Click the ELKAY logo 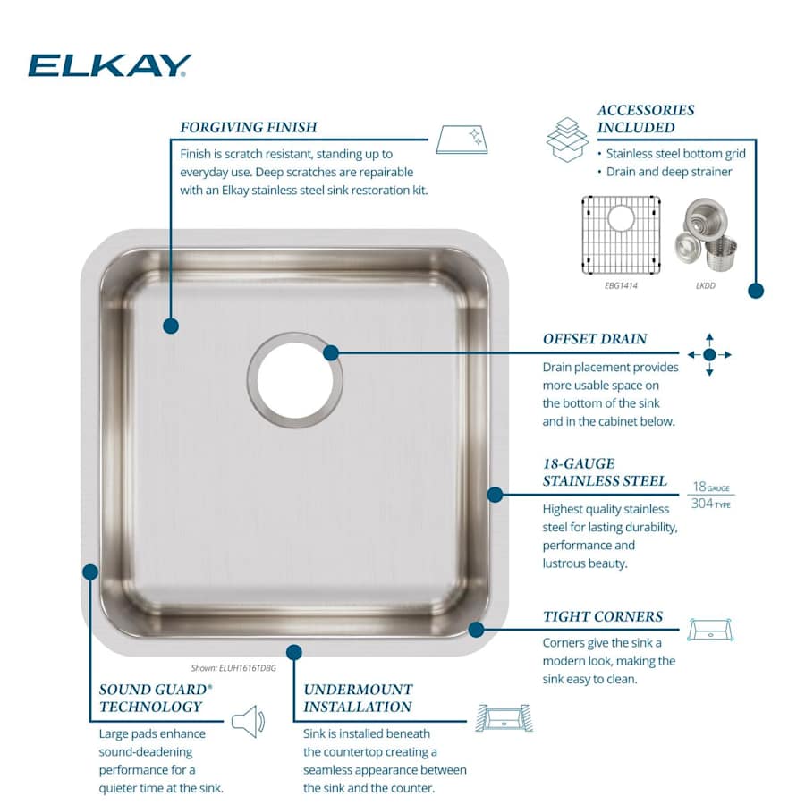110,65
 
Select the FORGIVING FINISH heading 249,128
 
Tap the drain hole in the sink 295,378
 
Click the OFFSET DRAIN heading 595,340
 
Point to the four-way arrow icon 709,354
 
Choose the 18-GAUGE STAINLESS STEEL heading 605,472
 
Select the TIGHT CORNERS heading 603,617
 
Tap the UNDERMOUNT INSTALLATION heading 358,699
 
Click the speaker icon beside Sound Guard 248,721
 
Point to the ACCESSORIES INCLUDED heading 646,119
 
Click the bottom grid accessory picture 621,233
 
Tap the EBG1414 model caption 621,285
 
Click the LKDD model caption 705,286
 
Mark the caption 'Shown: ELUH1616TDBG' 233,667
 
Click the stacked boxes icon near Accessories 567,139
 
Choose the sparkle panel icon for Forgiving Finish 462,140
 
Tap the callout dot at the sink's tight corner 476,630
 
